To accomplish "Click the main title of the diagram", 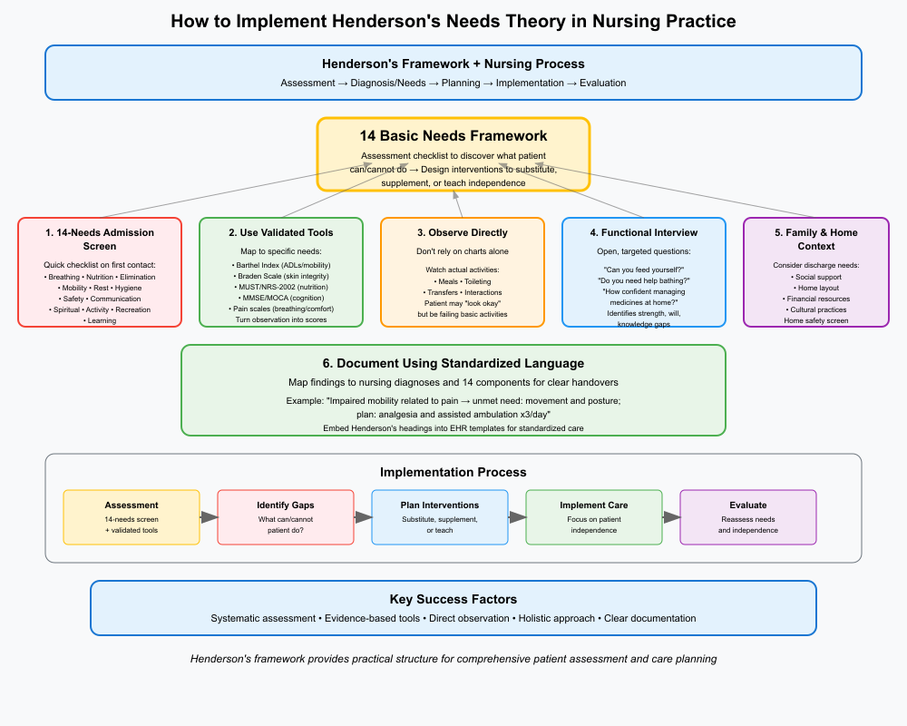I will pos(453,21).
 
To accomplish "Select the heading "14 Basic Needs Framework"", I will pos(453,136).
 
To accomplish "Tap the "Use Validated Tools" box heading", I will pos(280,232).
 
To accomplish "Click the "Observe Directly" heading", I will pos(462,232).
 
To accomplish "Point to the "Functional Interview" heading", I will pos(643,232).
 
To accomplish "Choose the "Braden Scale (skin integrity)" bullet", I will pos(280,277).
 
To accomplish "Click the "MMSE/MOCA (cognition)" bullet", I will pos(280,299).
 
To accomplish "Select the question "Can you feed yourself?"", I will pos(643,270).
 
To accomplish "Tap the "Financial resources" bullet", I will pos(797,299).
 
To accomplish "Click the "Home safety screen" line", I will pos(797,320).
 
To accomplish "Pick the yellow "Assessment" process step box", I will pos(132,517).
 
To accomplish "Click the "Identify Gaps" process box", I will pos(286,517).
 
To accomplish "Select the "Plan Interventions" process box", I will pos(440,517).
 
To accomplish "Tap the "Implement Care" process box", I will pos(594,517).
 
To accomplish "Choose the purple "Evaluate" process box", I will pos(748,517).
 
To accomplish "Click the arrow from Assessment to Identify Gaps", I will pos(209,517).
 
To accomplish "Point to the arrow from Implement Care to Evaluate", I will pos(671,517).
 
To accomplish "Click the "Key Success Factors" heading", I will pos(453,599).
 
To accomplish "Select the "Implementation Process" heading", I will pos(453,472).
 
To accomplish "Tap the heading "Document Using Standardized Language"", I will pos(453,363).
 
